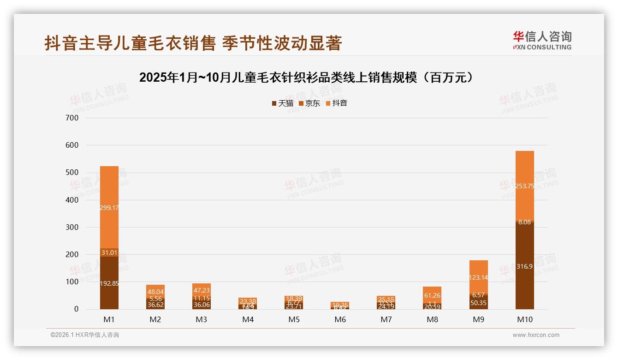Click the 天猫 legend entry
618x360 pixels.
[x=282, y=103]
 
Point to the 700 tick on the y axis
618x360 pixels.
[x=73, y=118]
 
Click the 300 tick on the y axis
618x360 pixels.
[x=73, y=228]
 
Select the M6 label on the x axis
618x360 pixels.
[x=340, y=319]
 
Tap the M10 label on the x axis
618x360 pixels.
[x=524, y=319]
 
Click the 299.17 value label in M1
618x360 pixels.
[x=109, y=208]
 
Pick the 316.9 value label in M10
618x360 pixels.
[x=524, y=266]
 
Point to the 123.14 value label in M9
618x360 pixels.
[x=478, y=277]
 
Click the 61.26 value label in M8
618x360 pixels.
[x=432, y=295]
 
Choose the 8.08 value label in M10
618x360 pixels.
[x=524, y=222]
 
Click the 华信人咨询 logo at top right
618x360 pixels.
[x=542, y=40]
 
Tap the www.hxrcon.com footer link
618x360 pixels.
[x=536, y=335]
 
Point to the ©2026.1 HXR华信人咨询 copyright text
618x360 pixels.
[x=85, y=335]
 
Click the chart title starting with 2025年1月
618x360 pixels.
[x=307, y=78]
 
